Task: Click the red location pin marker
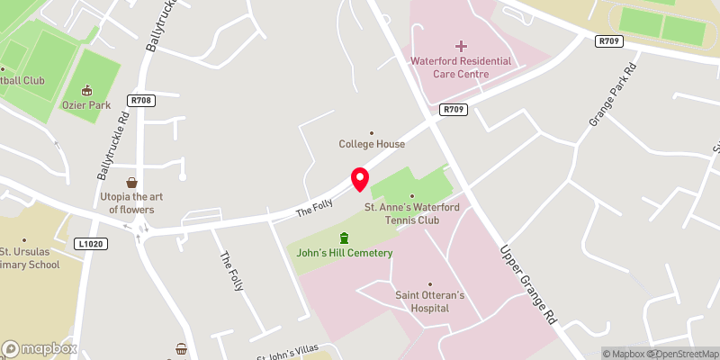[359, 178]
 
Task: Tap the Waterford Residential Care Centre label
[461, 67]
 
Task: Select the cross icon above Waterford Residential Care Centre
[462, 45]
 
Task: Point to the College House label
[372, 144]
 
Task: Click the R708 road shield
[140, 101]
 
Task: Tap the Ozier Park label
[86, 105]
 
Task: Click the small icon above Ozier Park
[87, 90]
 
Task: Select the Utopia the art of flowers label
[131, 202]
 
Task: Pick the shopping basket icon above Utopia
[131, 183]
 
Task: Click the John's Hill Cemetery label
[345, 253]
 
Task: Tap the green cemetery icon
[343, 238]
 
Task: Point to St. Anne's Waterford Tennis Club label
[413, 213]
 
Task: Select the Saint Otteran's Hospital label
[428, 301]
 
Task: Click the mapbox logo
[39, 348]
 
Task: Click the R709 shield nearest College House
[453, 110]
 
